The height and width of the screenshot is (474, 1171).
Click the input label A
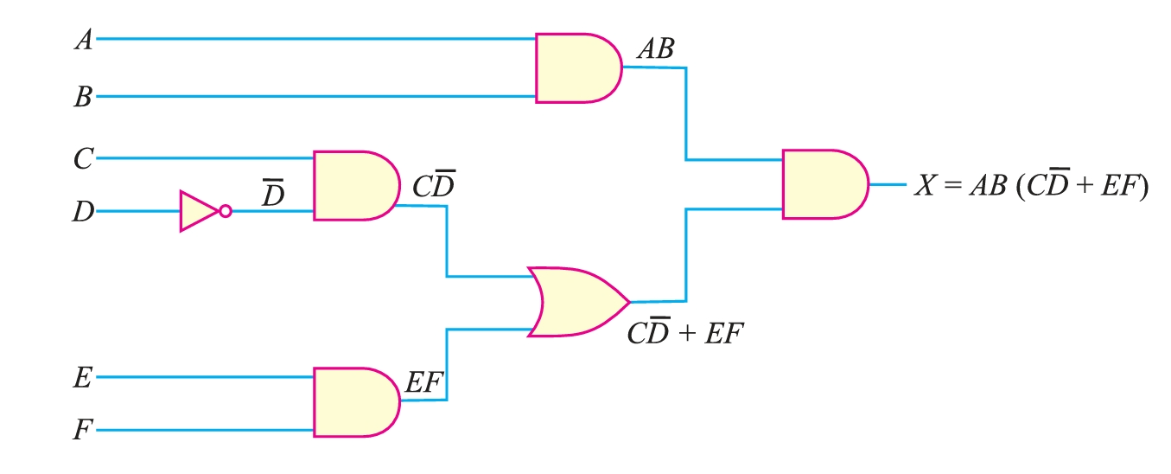(x=84, y=40)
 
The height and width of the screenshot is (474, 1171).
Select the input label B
(x=83, y=97)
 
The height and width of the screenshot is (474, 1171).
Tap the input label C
(x=84, y=158)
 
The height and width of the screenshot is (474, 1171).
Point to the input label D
(x=83, y=211)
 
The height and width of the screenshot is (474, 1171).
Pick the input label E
(x=84, y=378)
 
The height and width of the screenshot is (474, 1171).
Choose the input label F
(x=83, y=429)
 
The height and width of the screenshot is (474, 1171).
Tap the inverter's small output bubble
(x=226, y=211)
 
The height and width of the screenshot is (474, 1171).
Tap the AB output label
(x=655, y=50)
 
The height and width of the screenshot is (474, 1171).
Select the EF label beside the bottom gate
(x=424, y=383)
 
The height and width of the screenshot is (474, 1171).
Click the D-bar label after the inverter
(x=273, y=195)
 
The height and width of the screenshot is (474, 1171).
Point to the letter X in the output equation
(x=924, y=186)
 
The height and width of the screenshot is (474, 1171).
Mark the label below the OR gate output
(x=684, y=333)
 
